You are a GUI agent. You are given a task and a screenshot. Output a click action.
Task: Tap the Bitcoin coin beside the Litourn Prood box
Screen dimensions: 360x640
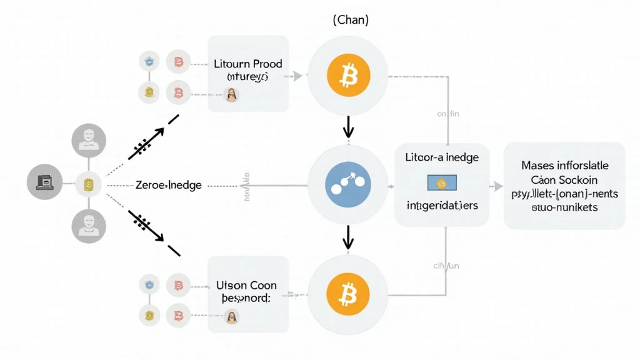coord(347,76)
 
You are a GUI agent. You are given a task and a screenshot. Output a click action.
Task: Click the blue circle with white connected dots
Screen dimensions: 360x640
coord(347,186)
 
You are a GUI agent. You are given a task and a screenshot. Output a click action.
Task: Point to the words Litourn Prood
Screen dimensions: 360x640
coord(248,64)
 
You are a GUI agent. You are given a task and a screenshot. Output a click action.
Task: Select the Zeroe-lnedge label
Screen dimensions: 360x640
coord(169,186)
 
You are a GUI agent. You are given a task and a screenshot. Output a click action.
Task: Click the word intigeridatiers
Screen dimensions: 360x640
coord(442,205)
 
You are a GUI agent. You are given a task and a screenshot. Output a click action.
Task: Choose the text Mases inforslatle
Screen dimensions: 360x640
coord(564,166)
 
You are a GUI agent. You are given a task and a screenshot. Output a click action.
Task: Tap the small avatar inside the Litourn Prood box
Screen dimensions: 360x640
coord(231,95)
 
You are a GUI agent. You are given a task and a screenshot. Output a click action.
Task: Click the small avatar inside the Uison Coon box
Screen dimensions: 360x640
coord(231,317)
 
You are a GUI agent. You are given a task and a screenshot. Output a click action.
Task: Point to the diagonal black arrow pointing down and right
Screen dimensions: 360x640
coord(147,227)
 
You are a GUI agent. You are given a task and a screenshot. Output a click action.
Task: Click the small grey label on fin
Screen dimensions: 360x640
coord(447,114)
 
